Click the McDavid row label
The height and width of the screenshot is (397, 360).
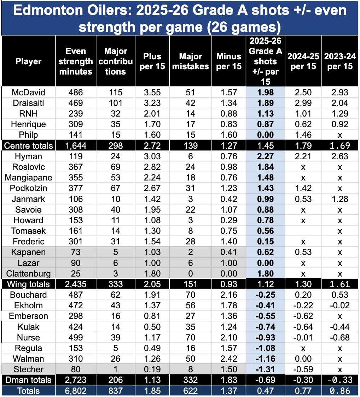click(x=28, y=93)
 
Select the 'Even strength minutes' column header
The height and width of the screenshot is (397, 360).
click(x=76, y=61)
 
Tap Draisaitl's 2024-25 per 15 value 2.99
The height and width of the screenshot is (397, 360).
click(x=303, y=103)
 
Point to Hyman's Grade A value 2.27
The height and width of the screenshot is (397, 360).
click(x=266, y=156)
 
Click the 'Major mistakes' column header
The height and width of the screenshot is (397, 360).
click(x=191, y=61)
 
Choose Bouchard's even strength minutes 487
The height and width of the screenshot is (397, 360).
click(x=76, y=295)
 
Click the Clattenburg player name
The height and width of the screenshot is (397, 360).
click(x=28, y=273)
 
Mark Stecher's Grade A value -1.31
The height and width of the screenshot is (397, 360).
click(x=266, y=369)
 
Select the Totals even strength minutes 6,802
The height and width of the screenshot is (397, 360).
click(x=76, y=391)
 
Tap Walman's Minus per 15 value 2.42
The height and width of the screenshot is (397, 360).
click(x=228, y=359)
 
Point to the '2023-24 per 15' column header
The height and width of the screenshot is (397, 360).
click(x=340, y=61)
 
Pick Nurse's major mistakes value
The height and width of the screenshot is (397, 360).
click(x=191, y=338)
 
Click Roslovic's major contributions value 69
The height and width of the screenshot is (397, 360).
click(x=115, y=167)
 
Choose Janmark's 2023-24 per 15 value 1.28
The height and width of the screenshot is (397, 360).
click(x=340, y=198)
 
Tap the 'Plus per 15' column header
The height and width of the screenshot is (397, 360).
click(x=152, y=61)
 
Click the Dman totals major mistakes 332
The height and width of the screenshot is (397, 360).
click(x=191, y=380)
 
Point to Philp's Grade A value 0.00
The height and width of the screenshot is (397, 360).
click(x=266, y=135)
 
